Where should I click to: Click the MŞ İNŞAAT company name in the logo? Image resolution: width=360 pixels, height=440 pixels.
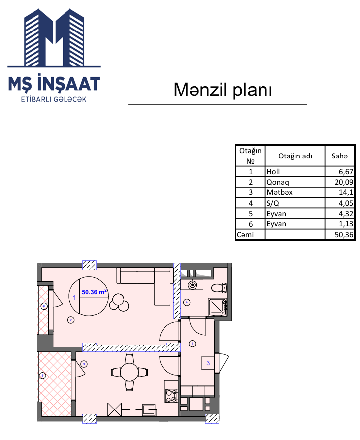click(54, 83)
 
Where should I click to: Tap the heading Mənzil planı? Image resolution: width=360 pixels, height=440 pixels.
click(223, 90)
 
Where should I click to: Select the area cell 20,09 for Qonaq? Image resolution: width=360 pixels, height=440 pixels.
click(344, 182)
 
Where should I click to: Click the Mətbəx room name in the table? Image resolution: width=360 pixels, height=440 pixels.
click(279, 192)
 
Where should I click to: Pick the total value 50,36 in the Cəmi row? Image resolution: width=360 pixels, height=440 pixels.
click(344, 235)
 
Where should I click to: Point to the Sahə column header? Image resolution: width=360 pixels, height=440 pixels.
click(339, 156)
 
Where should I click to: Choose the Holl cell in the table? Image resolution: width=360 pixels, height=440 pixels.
click(273, 172)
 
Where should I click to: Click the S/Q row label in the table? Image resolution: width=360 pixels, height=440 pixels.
click(273, 203)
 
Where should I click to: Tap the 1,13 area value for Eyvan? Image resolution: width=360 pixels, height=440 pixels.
click(346, 224)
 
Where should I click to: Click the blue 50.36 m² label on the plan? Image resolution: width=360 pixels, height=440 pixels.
click(95, 292)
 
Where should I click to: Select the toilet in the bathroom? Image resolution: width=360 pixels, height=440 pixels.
click(219, 288)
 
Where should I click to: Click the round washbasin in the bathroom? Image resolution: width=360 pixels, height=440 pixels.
click(193, 285)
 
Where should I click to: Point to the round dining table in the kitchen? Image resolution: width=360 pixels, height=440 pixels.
click(130, 372)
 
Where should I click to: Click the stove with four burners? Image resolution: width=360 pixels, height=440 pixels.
click(171, 395)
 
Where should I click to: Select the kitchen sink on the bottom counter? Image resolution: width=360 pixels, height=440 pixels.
click(149, 409)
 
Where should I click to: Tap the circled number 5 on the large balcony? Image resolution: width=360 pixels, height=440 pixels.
click(43, 376)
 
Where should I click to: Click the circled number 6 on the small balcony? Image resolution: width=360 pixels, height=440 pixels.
click(44, 306)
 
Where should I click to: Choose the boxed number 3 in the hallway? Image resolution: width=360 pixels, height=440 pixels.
click(208, 363)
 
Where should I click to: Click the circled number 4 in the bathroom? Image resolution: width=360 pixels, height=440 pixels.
click(187, 302)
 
